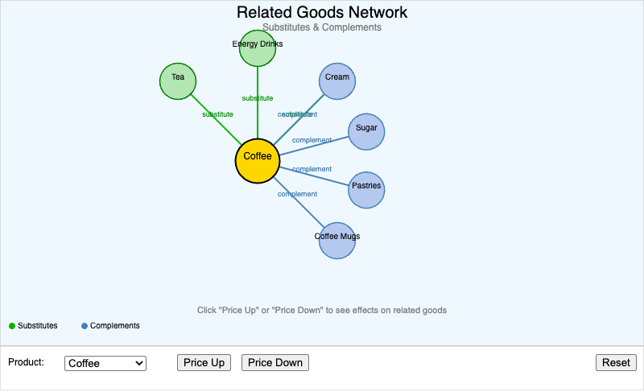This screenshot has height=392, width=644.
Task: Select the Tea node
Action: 178,80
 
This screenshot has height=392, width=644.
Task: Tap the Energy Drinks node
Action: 258,48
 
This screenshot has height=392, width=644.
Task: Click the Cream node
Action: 337,80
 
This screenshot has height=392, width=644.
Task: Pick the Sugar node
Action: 366,131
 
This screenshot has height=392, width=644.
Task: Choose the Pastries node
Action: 366,190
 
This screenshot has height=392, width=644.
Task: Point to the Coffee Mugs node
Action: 337,241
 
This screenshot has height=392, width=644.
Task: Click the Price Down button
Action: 275,363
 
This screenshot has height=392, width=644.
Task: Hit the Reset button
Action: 616,363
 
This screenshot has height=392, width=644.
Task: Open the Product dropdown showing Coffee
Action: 105,364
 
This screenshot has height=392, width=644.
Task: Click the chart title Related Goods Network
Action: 322,13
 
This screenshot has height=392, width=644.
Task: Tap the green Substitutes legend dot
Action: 12,326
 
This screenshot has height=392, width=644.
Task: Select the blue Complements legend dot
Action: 85,326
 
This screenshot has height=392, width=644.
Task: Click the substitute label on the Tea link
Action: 217,114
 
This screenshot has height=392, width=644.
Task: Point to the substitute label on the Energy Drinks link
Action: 258,98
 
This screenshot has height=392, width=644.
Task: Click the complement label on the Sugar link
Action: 312,140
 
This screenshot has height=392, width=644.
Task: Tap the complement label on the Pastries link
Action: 312,169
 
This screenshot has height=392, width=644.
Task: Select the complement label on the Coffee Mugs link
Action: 297,194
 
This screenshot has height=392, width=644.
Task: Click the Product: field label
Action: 26,362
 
